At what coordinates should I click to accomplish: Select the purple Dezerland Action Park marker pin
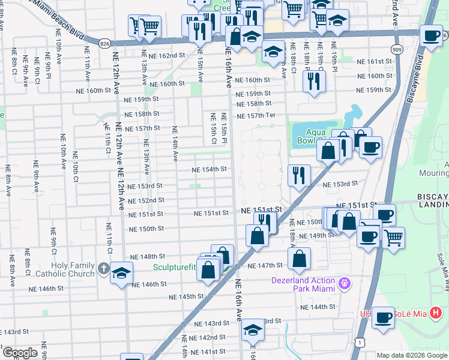344,282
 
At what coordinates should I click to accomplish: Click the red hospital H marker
437,313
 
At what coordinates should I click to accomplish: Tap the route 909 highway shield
397,49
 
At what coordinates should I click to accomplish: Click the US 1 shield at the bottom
359,341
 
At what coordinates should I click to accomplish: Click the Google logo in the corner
20,353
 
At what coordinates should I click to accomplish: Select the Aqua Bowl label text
308,137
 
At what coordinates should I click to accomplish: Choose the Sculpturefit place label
175,268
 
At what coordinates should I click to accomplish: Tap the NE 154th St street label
209,170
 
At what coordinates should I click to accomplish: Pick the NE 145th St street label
187,297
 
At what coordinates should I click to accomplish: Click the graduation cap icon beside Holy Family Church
121,273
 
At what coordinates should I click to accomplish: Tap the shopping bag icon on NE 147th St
299,259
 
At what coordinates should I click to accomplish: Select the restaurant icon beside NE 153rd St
298,175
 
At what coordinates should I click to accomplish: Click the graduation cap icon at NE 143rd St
253,330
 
